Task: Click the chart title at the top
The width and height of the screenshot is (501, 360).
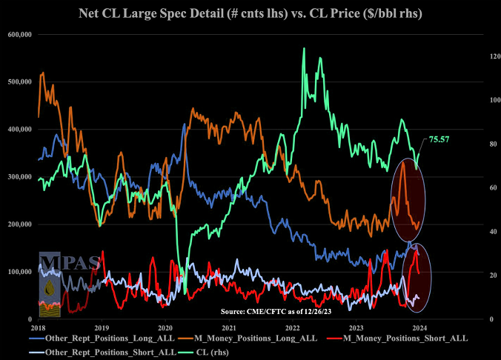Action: [x=250, y=13]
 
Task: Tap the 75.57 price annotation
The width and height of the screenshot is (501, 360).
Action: [x=439, y=139]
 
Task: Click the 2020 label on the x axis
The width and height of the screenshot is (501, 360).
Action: [x=165, y=327]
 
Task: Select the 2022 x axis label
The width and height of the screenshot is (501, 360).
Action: [x=293, y=327]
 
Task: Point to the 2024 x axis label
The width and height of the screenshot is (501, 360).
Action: [x=419, y=327]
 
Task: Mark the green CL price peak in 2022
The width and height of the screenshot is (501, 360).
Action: [x=304, y=49]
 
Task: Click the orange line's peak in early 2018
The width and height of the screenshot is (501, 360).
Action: [x=42, y=73]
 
